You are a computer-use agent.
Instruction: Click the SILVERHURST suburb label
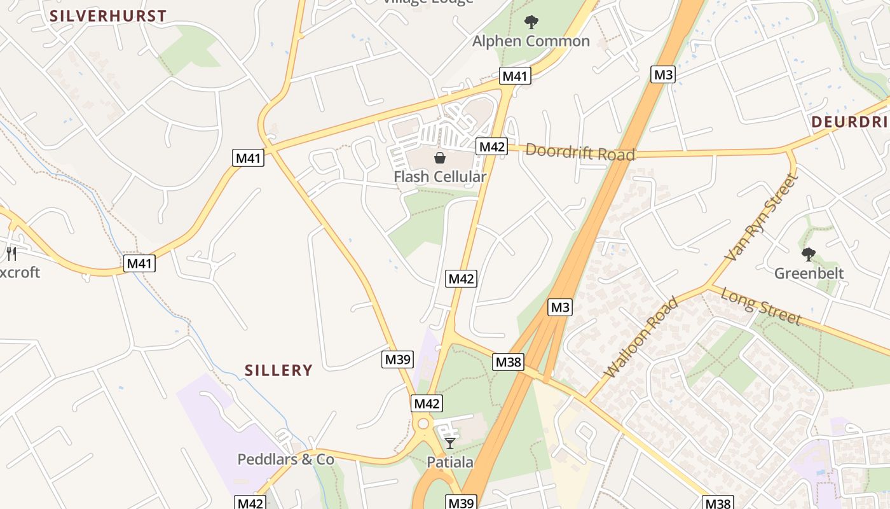tap(108, 16)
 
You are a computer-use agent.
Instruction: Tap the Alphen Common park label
tap(531, 41)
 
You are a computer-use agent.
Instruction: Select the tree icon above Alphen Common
tap(531, 22)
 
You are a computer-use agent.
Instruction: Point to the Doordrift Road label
tap(580, 153)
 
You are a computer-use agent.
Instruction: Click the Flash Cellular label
tap(440, 177)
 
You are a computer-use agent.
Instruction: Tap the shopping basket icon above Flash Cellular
tap(439, 158)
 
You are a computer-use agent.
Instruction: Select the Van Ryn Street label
tap(761, 218)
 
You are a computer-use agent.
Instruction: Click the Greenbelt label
tap(809, 274)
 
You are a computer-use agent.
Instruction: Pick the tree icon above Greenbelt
tap(808, 254)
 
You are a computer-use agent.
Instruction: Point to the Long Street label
tap(761, 307)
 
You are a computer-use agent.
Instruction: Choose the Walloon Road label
tap(641, 337)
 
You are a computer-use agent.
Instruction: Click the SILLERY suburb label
tap(278, 370)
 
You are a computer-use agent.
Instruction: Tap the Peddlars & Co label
tap(285, 459)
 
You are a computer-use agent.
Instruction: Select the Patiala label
tap(450, 463)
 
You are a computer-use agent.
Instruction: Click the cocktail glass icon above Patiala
tap(450, 443)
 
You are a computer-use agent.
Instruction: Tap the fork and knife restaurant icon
tap(11, 254)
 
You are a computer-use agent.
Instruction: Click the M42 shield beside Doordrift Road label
tap(491, 146)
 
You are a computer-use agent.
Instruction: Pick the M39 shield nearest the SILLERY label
tap(398, 359)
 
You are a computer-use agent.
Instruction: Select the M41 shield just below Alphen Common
tap(515, 76)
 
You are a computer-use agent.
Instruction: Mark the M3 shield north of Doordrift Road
tap(663, 74)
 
